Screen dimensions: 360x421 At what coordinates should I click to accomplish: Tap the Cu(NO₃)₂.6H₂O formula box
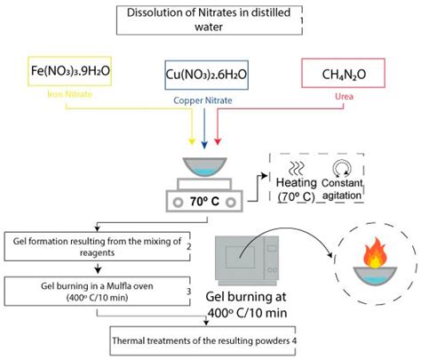tap(205, 76)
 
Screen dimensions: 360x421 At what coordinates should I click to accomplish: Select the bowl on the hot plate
tap(205, 167)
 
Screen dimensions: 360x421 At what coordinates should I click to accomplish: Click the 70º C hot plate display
tap(205, 201)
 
